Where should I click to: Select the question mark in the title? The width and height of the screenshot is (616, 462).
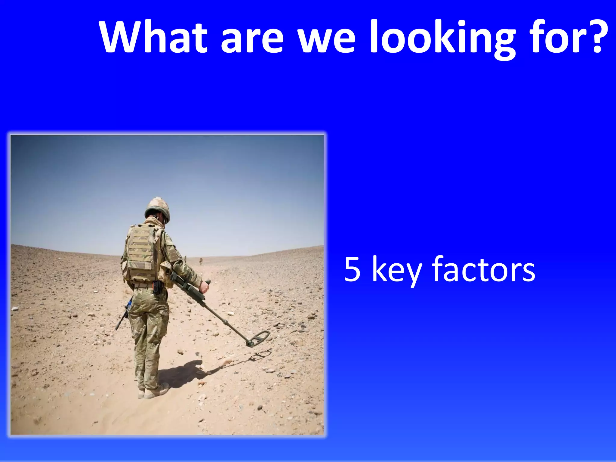593,37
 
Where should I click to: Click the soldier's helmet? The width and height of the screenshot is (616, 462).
157,208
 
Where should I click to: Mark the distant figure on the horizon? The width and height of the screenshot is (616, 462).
200,261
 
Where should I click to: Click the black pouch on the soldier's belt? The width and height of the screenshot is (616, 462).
156,287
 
